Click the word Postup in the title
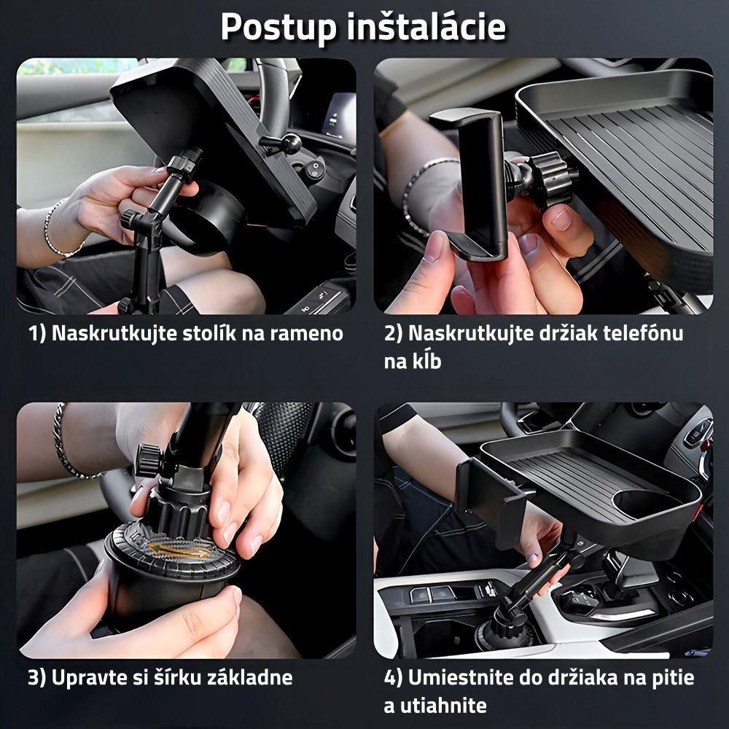tap(278, 28)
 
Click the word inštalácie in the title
tap(426, 26)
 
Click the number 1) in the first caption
tap(37, 334)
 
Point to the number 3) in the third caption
tap(37, 678)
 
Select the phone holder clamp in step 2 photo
tap(472, 183)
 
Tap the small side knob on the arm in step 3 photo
tap(148, 459)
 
